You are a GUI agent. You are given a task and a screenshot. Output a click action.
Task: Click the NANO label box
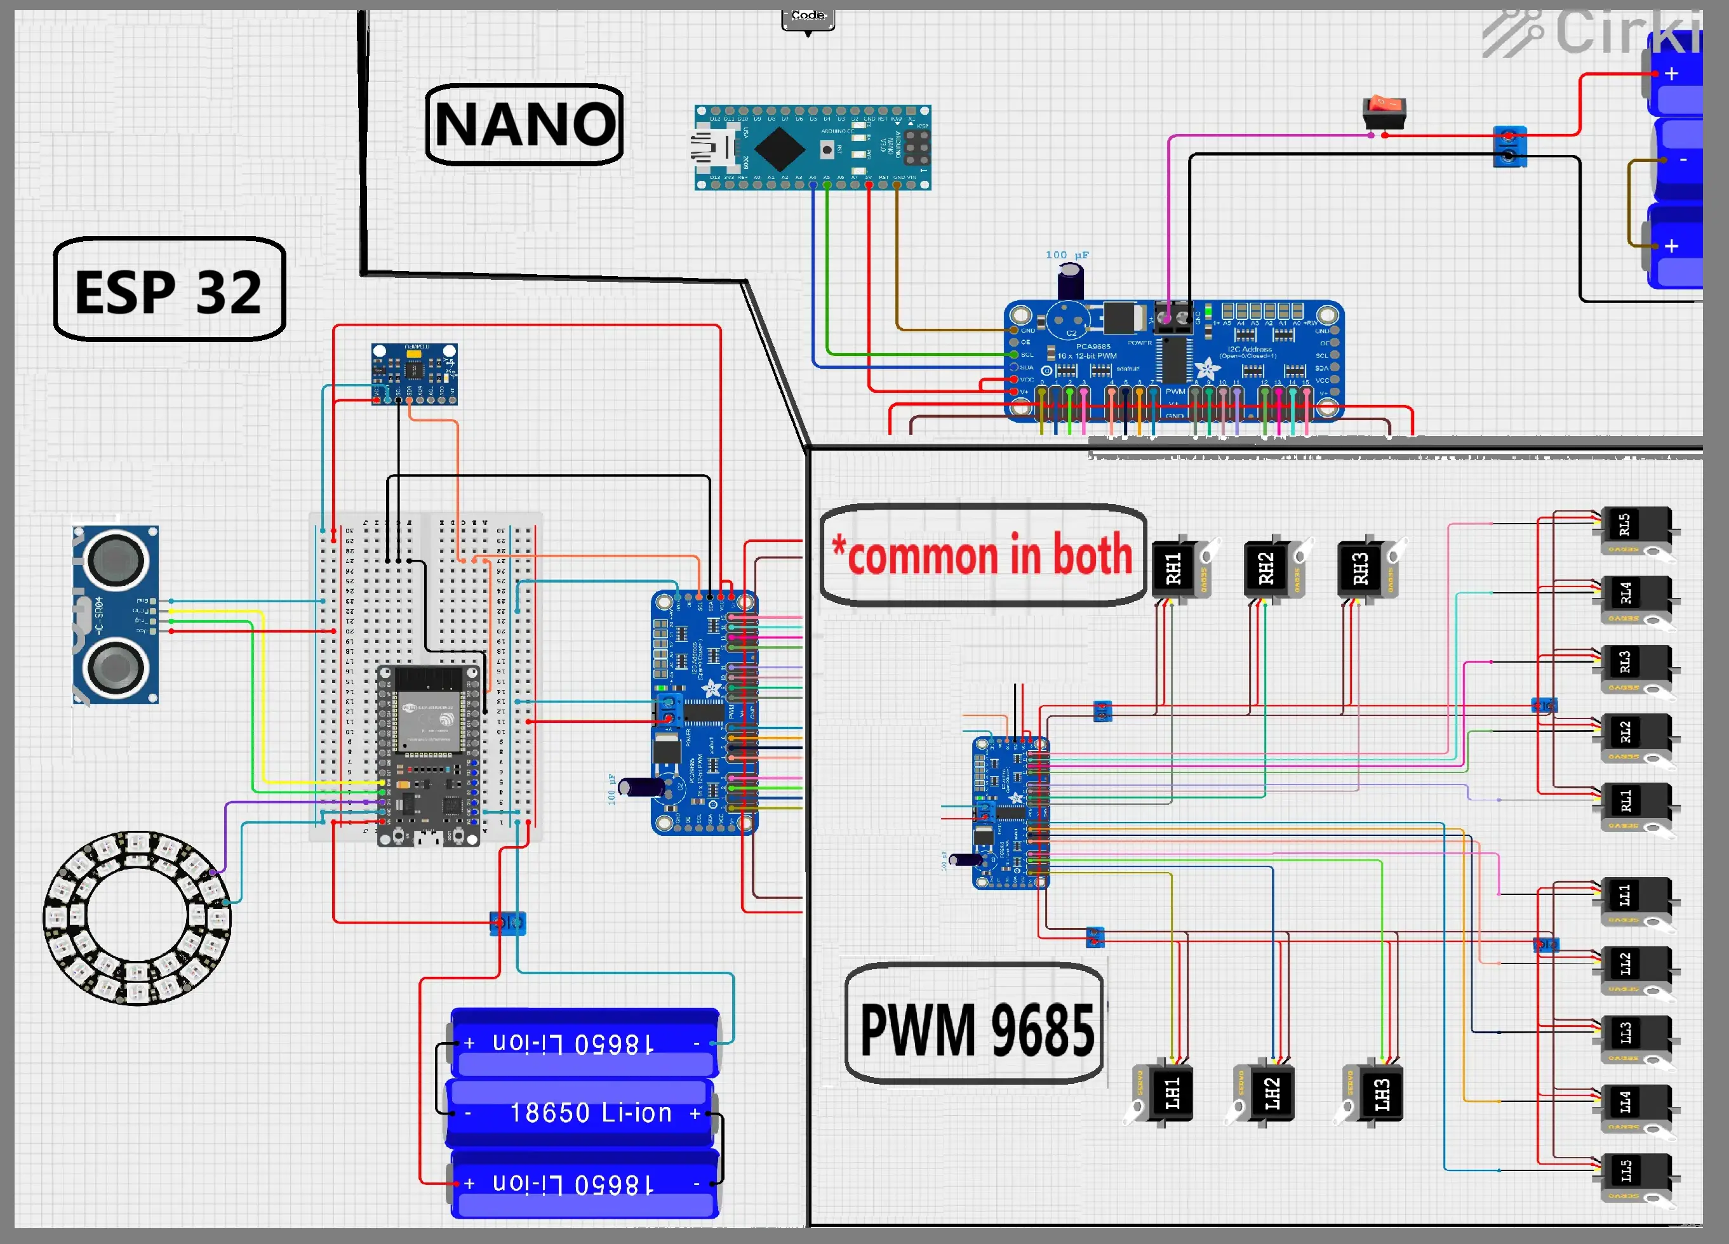[524, 124]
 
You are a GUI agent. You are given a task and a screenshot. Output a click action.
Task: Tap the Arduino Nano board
[812, 148]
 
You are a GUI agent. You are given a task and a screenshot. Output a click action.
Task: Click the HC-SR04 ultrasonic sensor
[116, 614]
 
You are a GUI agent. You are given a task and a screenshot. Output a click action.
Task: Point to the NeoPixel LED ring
[137, 918]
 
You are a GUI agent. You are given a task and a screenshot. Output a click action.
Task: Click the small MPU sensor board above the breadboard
[414, 373]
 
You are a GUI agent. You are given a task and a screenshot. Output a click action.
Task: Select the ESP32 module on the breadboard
[429, 755]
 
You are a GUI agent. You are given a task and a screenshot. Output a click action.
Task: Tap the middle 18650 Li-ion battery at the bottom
[581, 1113]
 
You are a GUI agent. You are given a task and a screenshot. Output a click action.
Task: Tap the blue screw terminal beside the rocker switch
[1509, 147]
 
